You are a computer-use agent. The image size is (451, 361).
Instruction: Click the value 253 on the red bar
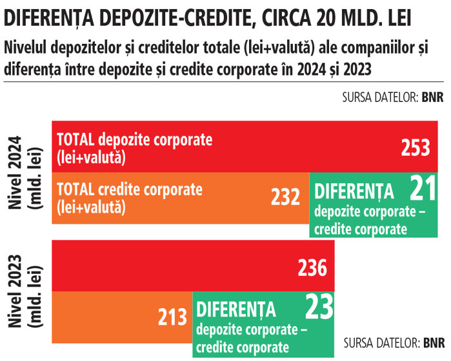pos(415,148)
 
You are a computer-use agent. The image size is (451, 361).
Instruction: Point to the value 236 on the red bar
pos(312,267)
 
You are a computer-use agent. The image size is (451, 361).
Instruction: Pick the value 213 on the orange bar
pos(172,317)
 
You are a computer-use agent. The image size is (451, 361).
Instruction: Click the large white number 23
pos(319,308)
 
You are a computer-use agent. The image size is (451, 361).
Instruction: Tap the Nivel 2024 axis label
pos(25,172)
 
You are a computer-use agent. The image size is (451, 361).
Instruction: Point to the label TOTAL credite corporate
pos(130,190)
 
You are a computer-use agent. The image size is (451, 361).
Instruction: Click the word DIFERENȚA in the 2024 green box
pos(354,191)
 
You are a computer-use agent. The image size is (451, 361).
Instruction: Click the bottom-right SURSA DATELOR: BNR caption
pos(394,341)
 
